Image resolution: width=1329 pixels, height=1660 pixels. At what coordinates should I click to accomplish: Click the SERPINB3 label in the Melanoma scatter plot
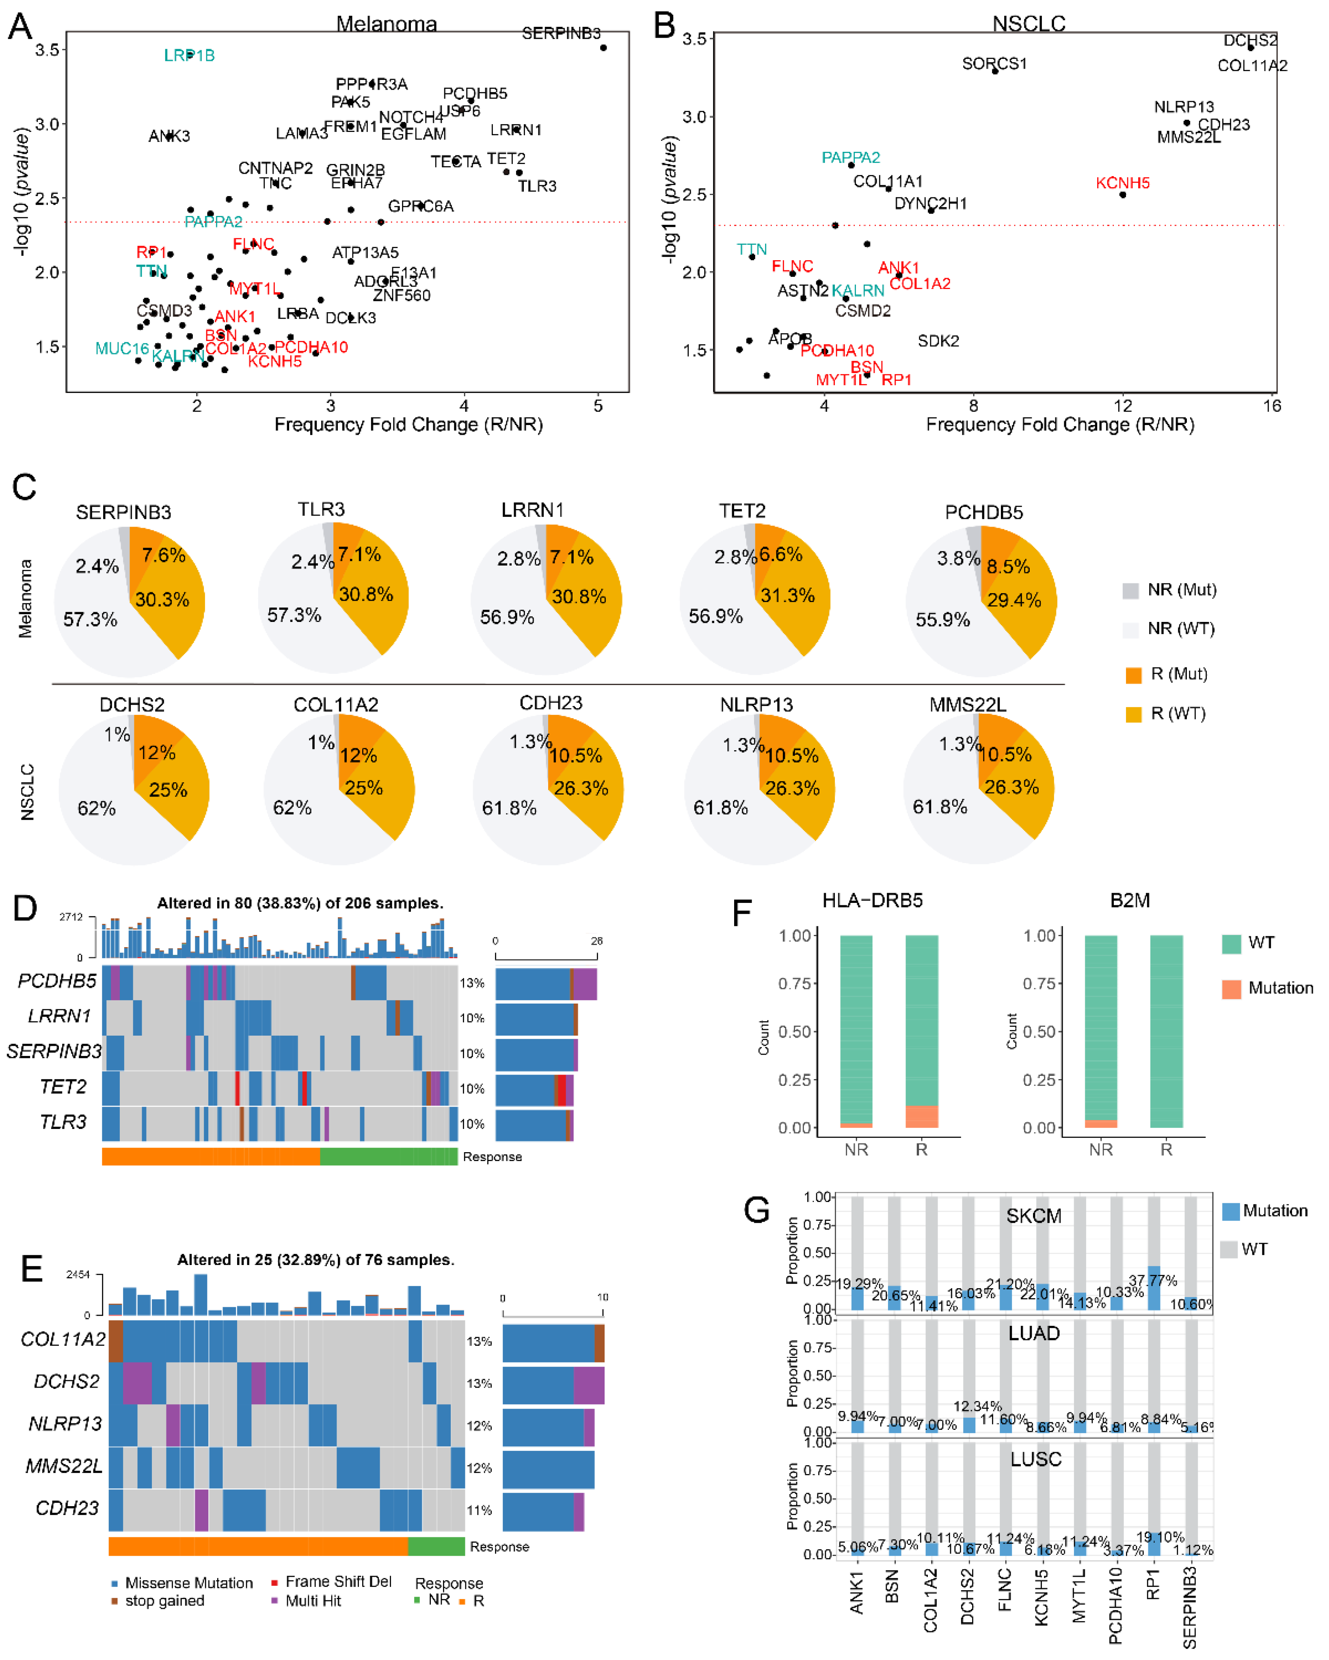pyautogui.click(x=561, y=33)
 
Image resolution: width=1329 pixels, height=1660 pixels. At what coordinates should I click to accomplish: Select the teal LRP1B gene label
pyautogui.click(x=189, y=56)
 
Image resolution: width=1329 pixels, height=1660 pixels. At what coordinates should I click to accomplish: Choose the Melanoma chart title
pyautogui.click(x=387, y=24)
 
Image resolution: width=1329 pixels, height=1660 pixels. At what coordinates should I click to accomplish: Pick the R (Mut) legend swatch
pyautogui.click(x=1132, y=675)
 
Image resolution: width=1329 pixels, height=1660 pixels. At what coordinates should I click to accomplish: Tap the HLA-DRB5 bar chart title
pyautogui.click(x=872, y=900)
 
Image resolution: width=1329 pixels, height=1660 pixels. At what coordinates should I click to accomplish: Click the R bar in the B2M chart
pyautogui.click(x=1166, y=1032)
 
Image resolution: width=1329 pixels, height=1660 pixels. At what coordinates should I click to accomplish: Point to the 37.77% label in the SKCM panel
pyautogui.click(x=1152, y=1280)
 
